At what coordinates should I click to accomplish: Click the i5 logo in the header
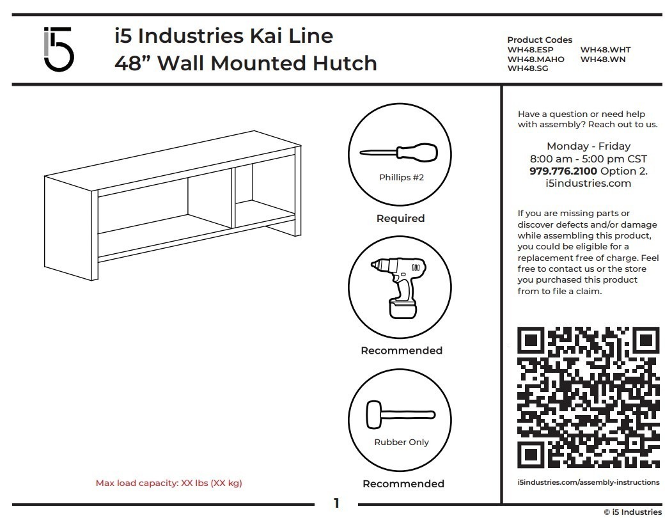point(58,49)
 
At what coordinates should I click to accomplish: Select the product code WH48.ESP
point(530,50)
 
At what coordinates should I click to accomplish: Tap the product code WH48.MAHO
point(536,59)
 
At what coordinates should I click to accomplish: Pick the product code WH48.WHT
point(605,50)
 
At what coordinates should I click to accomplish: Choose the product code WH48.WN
point(602,59)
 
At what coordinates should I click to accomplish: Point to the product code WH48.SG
point(527,68)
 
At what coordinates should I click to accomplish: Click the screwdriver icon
point(398,153)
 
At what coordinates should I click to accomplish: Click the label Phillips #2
point(401,178)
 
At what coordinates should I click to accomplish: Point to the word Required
point(400,219)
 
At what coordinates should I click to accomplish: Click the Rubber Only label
point(402,443)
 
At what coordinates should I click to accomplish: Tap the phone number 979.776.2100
point(563,171)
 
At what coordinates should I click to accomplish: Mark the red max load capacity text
point(169,483)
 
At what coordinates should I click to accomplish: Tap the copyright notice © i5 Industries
point(632,512)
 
